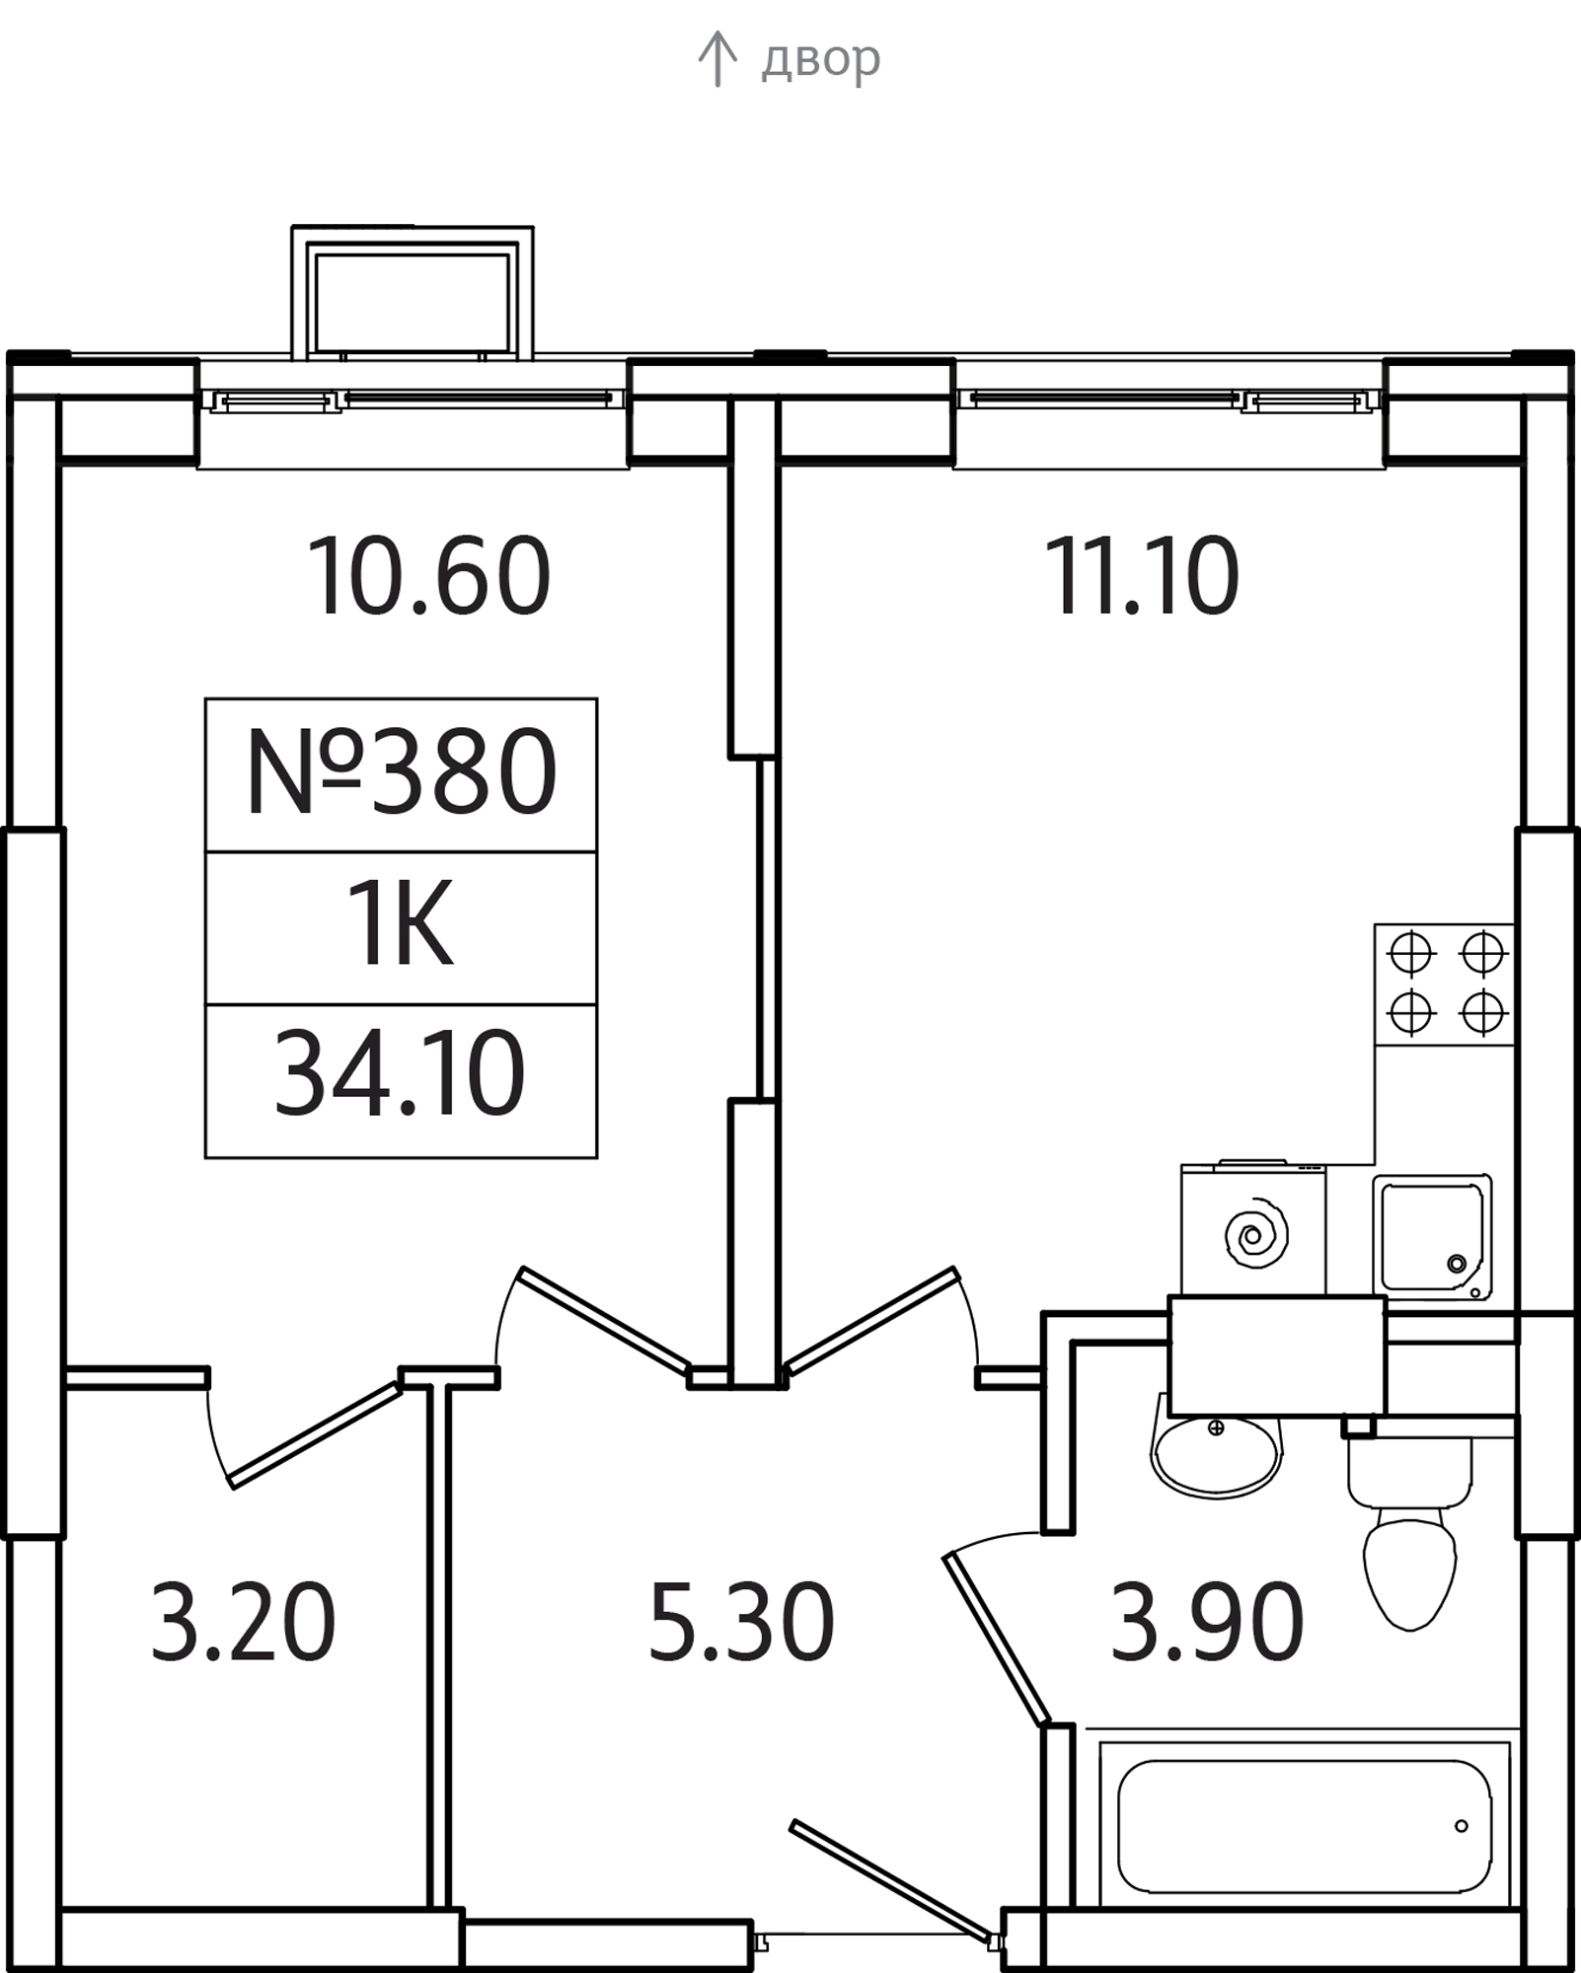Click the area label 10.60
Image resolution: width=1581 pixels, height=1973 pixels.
[428, 577]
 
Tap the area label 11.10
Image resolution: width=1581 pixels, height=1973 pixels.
[1141, 577]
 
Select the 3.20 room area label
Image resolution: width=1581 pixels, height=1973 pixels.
[243, 1623]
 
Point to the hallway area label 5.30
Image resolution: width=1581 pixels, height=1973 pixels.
[741, 1623]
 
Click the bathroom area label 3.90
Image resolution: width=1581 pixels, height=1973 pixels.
[1206, 1623]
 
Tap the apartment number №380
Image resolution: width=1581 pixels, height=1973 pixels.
[401, 774]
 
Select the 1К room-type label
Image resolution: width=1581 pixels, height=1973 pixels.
[401, 927]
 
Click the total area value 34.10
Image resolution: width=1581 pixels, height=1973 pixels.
[401, 1075]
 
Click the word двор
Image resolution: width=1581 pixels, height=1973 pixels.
[820, 59]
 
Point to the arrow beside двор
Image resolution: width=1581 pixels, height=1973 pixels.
[717, 59]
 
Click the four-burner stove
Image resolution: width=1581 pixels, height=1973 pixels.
[1445, 985]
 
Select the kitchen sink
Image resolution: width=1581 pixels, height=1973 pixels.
[1431, 1238]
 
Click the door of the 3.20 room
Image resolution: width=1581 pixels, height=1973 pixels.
[314, 1435]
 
